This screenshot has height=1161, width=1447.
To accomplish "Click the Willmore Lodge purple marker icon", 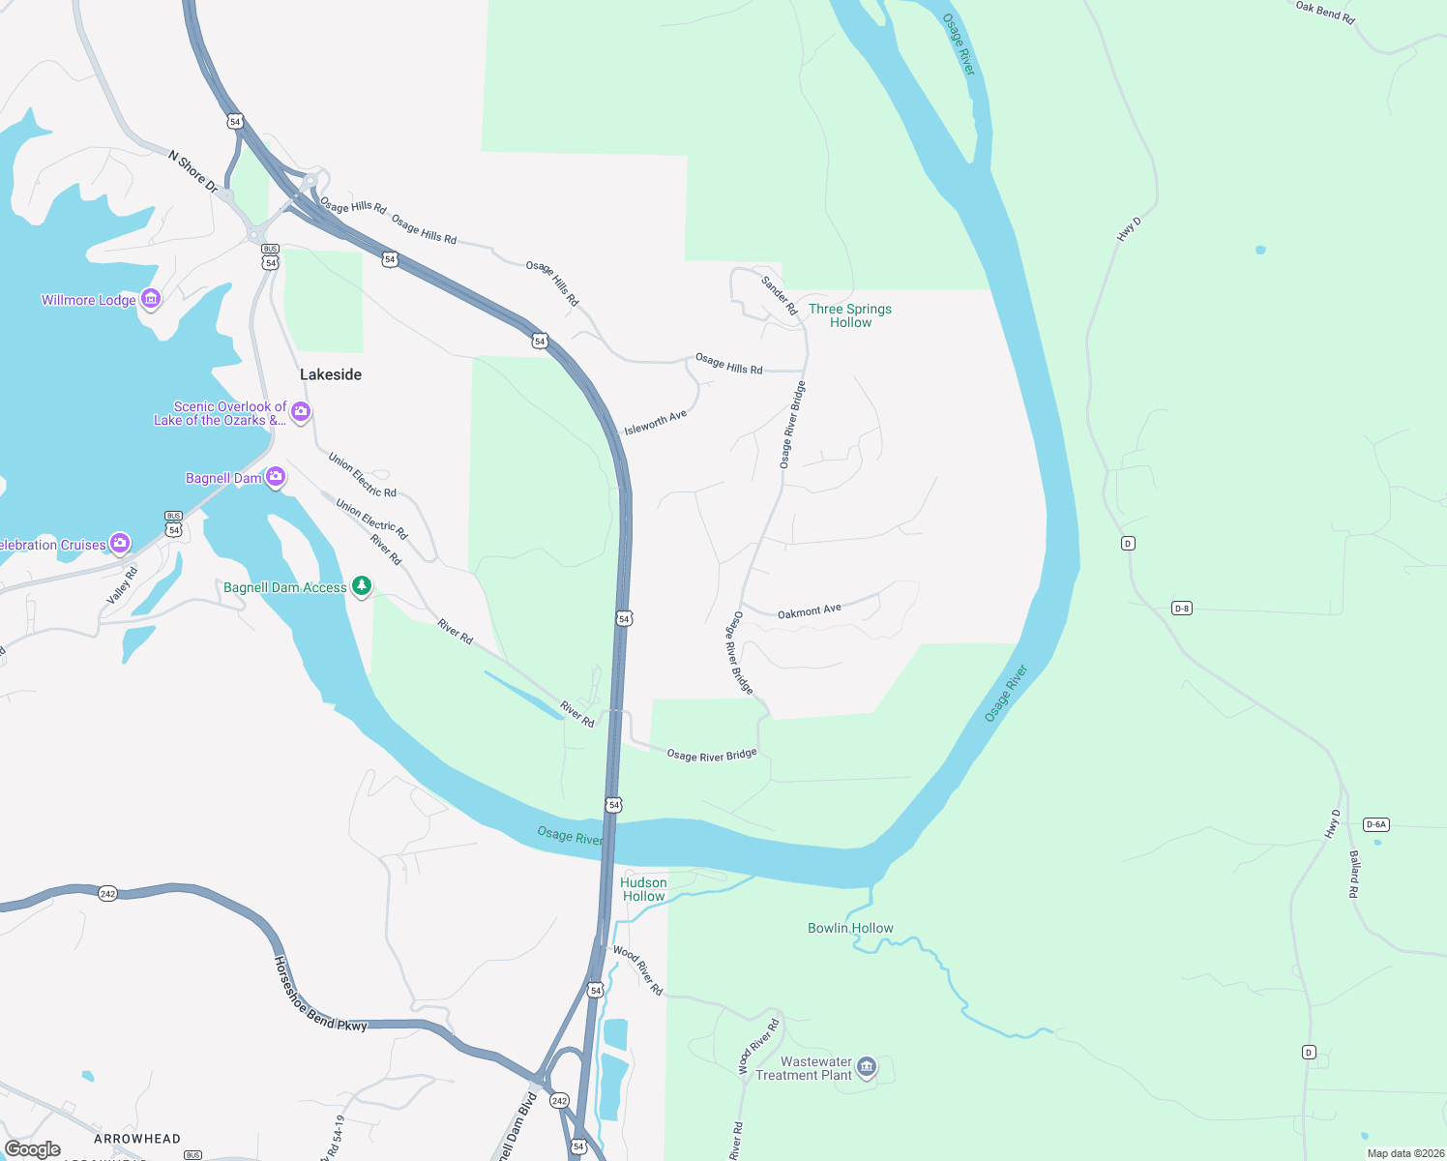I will (150, 299).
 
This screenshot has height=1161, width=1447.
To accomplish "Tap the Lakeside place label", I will (331, 374).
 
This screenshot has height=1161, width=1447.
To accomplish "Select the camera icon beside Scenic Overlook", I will (301, 412).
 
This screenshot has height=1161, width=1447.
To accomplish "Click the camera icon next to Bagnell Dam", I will (276, 477).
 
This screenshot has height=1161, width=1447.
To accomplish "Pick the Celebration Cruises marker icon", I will (120, 543).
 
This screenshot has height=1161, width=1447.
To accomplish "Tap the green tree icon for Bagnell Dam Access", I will (362, 586).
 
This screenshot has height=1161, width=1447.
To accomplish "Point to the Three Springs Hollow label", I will (850, 315).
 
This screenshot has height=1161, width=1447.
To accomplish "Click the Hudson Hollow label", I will (643, 889).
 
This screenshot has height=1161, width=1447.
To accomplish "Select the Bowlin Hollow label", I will (850, 928).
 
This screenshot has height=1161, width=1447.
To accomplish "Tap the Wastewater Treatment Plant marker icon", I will (867, 1066).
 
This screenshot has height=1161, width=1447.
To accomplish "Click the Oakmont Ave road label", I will (810, 611).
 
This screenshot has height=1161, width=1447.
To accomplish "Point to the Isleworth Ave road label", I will (655, 423).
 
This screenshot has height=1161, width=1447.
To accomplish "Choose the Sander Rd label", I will (779, 295).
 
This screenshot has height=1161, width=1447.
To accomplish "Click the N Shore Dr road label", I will (193, 171).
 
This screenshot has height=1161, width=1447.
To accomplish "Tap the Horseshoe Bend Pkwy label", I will (320, 995).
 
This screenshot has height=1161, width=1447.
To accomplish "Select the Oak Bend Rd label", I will (1325, 12).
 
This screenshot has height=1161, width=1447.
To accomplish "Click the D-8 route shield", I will (1181, 608).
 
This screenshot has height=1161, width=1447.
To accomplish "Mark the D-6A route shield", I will (1375, 824).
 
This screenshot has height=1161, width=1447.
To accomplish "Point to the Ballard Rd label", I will (1354, 875).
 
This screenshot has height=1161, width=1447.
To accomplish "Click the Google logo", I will (33, 1148).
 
